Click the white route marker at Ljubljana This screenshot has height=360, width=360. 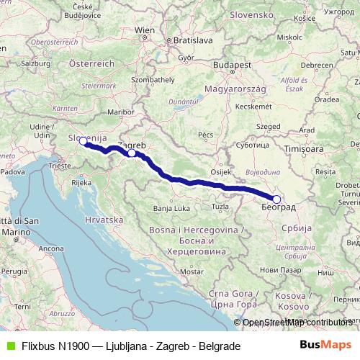pyautogui.click(x=83, y=142)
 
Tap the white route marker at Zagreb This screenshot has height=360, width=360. pyautogui.click(x=132, y=153)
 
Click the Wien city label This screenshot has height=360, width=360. pyautogui.click(x=145, y=30)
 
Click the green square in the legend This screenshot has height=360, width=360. pyautogui.click(x=8, y=346)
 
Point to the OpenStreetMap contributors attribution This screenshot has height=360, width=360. pyautogui.click(x=297, y=322)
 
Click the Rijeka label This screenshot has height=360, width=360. pyautogui.click(x=81, y=183)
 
